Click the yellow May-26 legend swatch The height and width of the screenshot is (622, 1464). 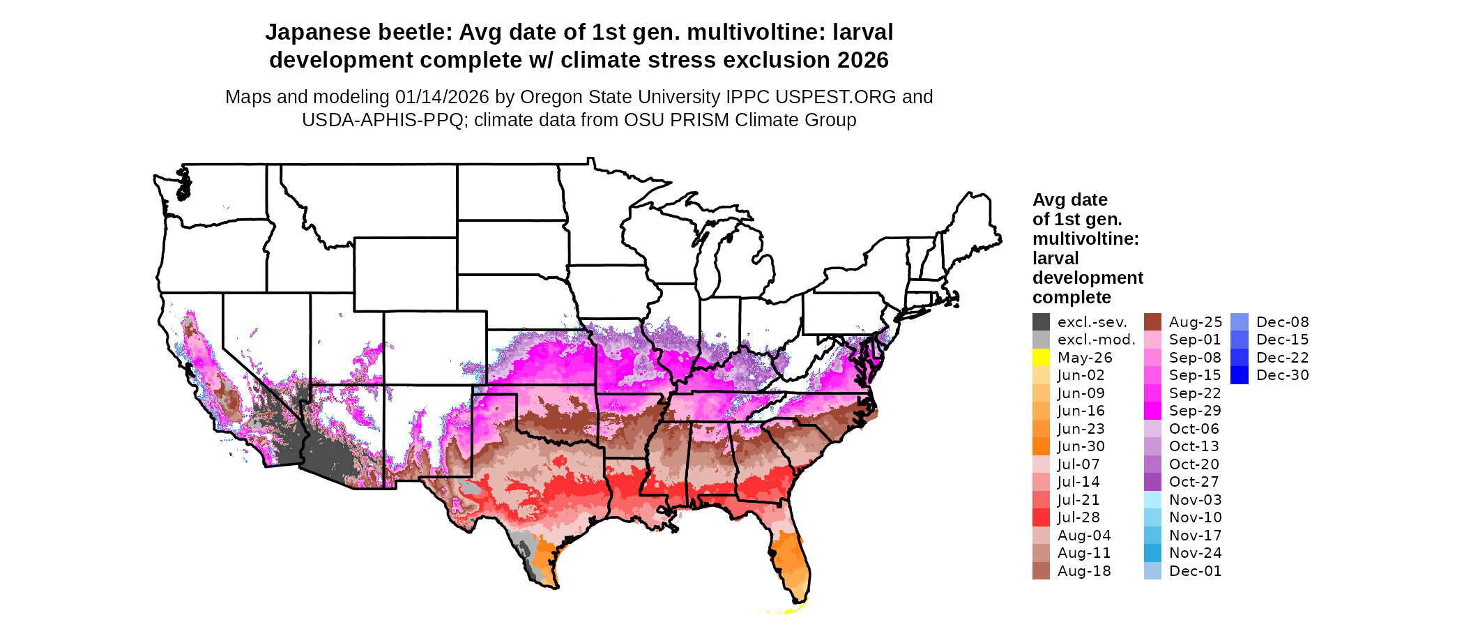coord(1041,358)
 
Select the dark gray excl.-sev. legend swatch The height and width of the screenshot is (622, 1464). coord(1041,322)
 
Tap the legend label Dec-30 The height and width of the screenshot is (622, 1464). coord(1282,375)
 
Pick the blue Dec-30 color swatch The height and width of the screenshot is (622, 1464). coord(1239,375)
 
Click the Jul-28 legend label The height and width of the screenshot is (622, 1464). coord(1078,517)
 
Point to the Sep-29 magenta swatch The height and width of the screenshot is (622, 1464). coord(1152,411)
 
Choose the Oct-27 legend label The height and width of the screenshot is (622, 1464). coord(1194,482)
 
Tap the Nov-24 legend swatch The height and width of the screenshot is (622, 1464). coord(1152,553)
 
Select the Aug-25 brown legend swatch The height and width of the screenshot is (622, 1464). coord(1152,322)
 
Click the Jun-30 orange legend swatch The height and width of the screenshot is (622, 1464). coord(1041,446)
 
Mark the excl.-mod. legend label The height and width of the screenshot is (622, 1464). coord(1096,340)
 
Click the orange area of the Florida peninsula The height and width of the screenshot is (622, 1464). coord(792,558)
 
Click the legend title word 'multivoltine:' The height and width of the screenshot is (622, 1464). coord(1085,239)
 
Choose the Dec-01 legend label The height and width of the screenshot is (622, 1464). coord(1195,571)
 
